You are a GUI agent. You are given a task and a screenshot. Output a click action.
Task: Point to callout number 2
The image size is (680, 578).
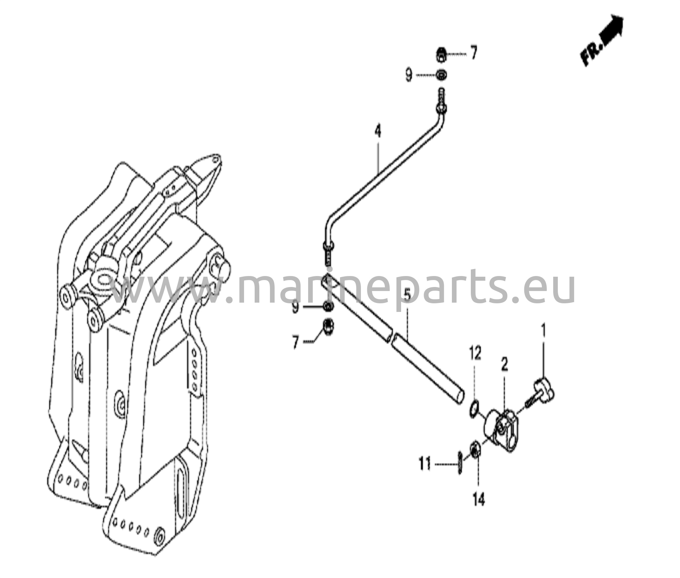click(504, 365)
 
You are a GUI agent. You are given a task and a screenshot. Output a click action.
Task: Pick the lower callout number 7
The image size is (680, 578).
click(296, 342)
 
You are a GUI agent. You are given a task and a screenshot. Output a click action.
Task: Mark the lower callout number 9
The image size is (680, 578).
click(296, 307)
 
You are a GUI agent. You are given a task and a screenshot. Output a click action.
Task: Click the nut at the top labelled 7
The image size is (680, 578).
click(441, 54)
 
